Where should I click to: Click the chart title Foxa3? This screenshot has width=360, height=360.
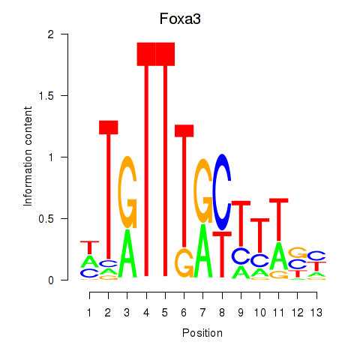point(180,19)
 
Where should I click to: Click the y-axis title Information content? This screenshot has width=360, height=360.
point(28,157)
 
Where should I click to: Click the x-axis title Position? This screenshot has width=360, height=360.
point(202,333)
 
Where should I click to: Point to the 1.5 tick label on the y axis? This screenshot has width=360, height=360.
point(46,96)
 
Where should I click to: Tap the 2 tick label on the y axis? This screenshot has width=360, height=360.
point(51,34)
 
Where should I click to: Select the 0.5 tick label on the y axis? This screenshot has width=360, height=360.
point(46,219)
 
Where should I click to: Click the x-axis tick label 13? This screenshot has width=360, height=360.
point(316,313)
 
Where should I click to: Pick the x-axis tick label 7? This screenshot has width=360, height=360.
point(202,313)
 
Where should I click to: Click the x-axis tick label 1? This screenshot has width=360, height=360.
point(89,313)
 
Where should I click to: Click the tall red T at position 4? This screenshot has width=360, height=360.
point(146,160)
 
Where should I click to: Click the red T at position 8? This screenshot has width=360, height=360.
point(222,254)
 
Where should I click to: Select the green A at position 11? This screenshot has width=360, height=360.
point(279,257)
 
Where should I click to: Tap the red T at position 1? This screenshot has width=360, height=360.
point(89,247)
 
